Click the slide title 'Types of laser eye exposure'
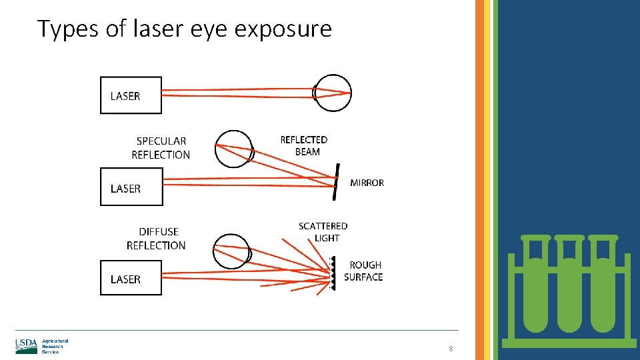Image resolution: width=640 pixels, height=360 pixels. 184,29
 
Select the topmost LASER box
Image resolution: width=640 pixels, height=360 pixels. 131,95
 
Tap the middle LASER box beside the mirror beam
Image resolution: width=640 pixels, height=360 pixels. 131,187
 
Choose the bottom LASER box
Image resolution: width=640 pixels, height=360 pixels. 131,278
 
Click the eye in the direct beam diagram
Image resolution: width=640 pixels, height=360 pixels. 332,93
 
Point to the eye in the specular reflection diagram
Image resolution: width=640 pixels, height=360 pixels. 234,149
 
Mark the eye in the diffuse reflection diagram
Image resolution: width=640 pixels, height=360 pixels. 231,252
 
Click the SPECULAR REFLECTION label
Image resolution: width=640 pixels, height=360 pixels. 161,148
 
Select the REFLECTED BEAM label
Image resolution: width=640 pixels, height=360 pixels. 304,145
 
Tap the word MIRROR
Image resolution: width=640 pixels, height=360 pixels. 367,183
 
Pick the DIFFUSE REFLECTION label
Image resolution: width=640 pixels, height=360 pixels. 157,239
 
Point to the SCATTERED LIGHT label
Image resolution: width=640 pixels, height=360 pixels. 323,232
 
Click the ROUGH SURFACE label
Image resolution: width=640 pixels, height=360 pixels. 364,271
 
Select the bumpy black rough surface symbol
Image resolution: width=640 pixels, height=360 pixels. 331,273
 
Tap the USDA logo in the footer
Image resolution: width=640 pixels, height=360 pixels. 27,346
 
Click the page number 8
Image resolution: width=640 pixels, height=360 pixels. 451,349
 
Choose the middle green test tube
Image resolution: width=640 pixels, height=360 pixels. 569,287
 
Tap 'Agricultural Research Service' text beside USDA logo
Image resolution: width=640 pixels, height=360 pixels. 55,346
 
